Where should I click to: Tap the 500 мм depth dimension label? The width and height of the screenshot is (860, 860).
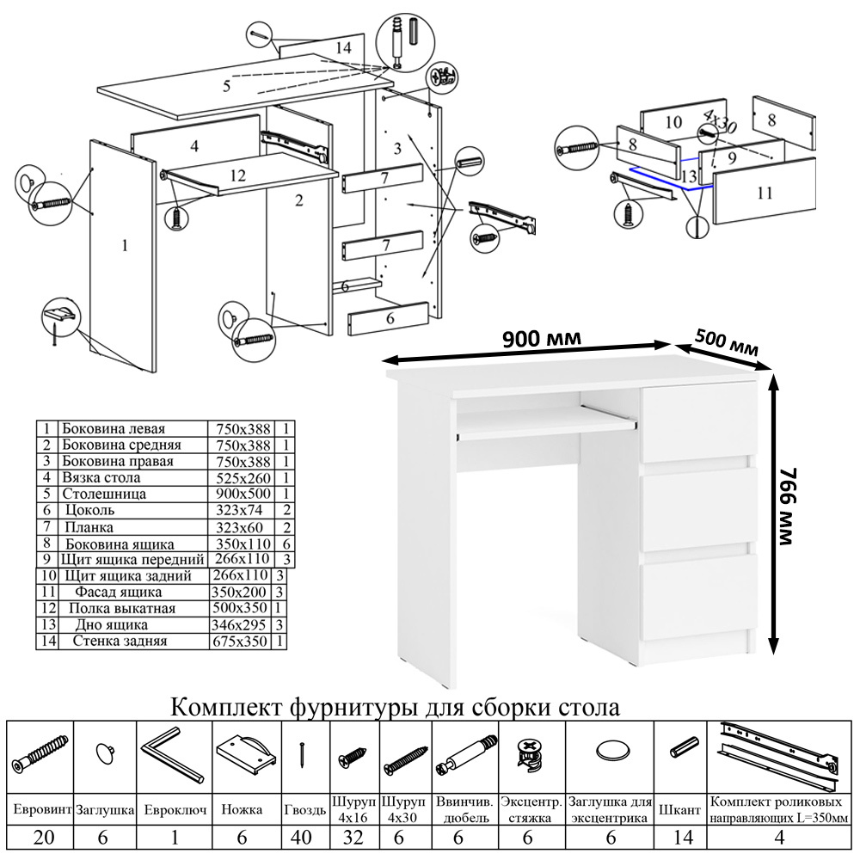pyautogui.click(x=727, y=341)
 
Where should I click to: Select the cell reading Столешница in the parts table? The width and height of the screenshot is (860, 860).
pyautogui.click(x=104, y=494)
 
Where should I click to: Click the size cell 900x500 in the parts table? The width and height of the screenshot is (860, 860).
pyautogui.click(x=240, y=494)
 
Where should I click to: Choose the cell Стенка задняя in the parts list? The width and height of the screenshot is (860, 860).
pyautogui.click(x=120, y=642)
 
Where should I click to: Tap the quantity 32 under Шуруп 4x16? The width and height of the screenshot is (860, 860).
pyautogui.click(x=354, y=838)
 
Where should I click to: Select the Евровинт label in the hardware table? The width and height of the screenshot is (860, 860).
pyautogui.click(x=40, y=810)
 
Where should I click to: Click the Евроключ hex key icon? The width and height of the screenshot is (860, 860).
pyautogui.click(x=172, y=755)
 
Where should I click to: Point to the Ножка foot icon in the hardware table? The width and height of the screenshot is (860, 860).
pyautogui.click(x=246, y=753)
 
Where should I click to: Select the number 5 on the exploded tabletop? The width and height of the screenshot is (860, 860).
pyautogui.click(x=227, y=86)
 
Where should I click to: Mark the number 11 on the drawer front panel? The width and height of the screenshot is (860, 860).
pyautogui.click(x=765, y=193)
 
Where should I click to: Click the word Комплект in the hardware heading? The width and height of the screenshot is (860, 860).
pyautogui.click(x=224, y=708)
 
